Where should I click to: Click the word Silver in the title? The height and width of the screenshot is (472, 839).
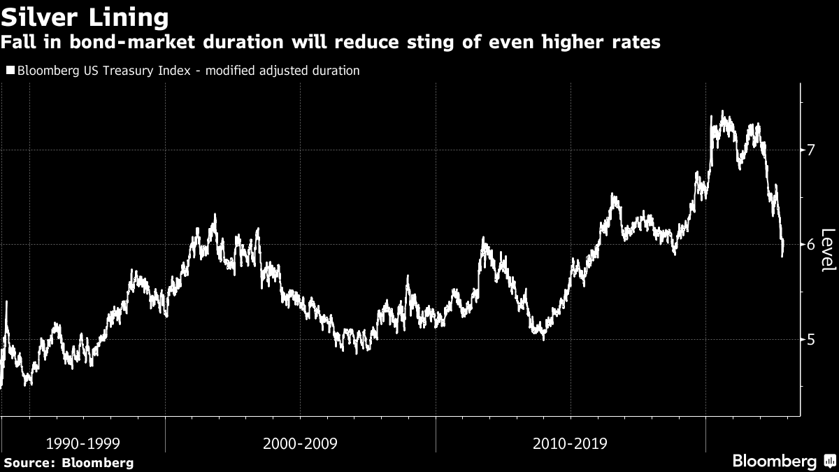(43, 16)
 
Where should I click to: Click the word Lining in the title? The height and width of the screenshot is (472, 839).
(130, 16)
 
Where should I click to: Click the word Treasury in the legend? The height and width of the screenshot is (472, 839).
(128, 71)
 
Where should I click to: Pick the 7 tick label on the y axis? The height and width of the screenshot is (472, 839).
(810, 150)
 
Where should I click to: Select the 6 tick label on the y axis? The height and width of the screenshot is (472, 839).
(810, 245)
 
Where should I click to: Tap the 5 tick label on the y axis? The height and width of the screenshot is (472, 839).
(810, 339)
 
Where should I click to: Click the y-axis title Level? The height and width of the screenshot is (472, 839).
(828, 250)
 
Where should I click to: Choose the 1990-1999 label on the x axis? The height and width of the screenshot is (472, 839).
(83, 443)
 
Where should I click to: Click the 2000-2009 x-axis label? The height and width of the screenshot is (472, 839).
(300, 443)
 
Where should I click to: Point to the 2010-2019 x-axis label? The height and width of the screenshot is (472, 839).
(570, 443)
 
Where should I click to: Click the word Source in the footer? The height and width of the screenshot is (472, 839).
(29, 462)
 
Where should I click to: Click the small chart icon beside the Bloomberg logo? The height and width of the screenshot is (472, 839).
(830, 462)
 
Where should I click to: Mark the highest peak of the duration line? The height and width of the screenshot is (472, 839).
(722, 112)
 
